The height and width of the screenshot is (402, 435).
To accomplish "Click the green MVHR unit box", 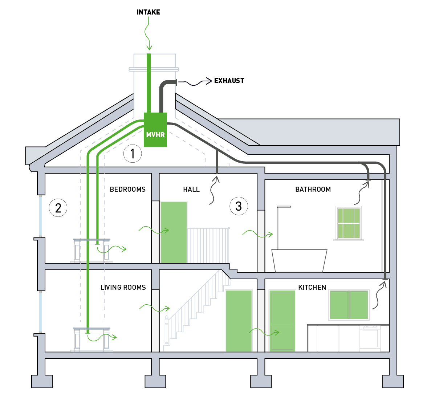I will pos(155,130).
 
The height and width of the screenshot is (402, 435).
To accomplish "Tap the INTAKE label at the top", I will pos(148,12).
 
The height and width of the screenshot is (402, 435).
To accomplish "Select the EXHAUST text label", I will pos(229,81).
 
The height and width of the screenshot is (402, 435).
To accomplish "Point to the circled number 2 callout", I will pos(58,208).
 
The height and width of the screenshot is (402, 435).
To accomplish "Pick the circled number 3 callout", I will pos(239,206).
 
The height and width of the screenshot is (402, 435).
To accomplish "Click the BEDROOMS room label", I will pos(127,189).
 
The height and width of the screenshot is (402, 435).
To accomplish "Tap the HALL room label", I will pos(191,189).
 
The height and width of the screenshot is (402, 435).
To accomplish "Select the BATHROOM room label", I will pos(313,189).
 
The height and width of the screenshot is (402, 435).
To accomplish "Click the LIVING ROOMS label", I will pos(123,287).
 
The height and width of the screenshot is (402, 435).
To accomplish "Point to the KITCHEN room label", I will pos(312,287).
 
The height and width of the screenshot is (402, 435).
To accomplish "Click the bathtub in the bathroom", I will pos(299,260).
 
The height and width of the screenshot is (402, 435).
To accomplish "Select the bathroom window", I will pos(349,223).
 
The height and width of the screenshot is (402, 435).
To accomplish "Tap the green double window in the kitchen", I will pos(349,305).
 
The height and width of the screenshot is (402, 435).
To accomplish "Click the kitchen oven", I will pos(370,338).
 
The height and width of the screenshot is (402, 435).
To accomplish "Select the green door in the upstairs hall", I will pos(174,232).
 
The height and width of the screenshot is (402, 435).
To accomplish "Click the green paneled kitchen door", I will pos(282,321).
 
